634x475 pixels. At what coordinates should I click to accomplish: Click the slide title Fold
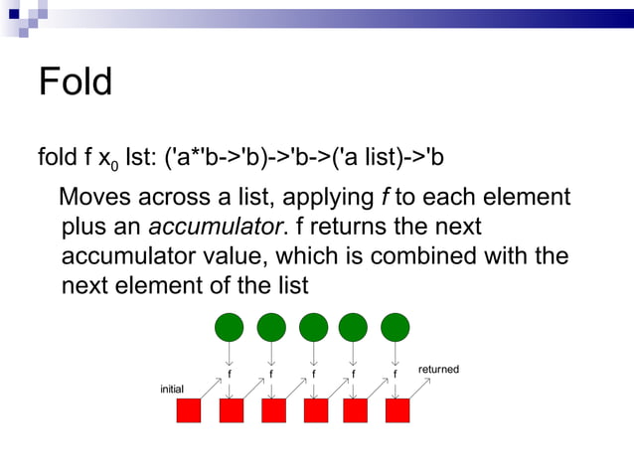75,81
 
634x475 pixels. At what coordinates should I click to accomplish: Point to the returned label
438,370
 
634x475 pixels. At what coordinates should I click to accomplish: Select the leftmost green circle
230,326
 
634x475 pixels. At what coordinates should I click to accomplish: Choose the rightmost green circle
396,326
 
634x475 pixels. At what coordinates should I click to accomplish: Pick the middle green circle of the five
313,326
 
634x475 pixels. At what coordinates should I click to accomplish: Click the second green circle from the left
271,326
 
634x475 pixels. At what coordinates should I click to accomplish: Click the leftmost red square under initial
189,410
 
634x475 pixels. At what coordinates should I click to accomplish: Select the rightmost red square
397,410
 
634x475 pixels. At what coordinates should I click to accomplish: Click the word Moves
101,197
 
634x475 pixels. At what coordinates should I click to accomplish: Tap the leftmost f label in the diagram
230,376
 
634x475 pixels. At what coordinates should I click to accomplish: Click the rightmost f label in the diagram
395,376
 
